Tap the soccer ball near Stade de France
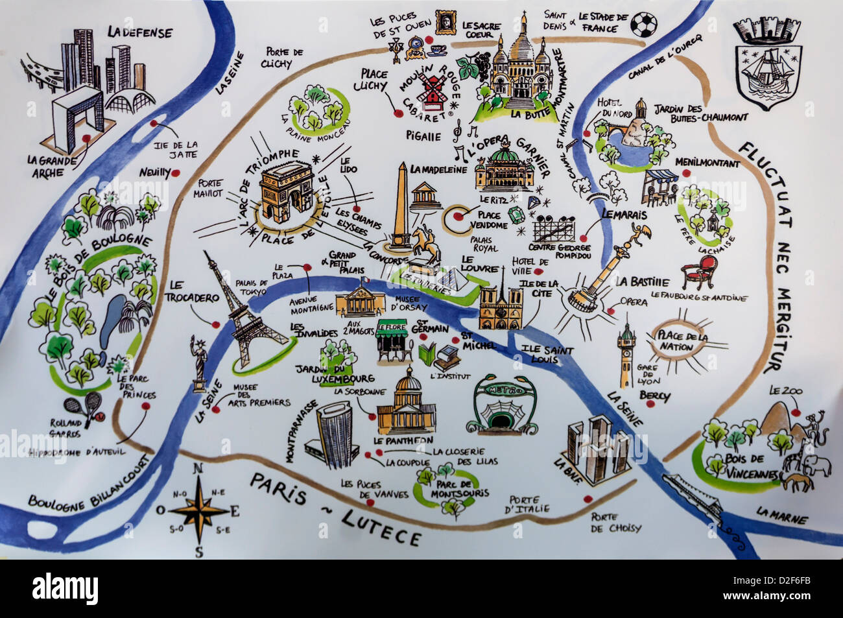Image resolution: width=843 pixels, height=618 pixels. click(644, 24)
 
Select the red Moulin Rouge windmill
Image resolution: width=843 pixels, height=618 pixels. click(429, 89)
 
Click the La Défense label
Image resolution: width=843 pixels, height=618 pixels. click(139, 32)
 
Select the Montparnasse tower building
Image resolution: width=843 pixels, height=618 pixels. click(335, 433)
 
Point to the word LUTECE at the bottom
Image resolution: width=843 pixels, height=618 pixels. click(381, 526)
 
